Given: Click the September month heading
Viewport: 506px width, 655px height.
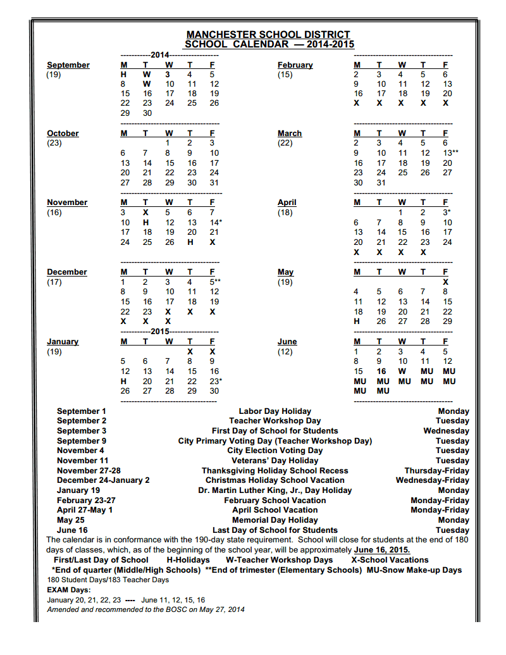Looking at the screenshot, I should point(68,65).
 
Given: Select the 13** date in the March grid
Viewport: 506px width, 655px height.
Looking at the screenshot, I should point(450,153).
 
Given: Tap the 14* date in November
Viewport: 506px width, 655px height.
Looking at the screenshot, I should point(216,222).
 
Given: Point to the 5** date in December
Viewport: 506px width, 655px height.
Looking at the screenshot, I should point(215,282).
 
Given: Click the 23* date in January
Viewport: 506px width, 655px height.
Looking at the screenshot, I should point(216,381).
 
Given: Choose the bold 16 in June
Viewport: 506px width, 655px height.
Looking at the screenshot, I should point(381,371).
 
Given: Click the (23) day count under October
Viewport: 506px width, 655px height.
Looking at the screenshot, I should point(54,143).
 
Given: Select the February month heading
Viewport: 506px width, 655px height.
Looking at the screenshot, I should point(295,65).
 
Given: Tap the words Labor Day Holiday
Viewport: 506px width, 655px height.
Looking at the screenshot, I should point(275,411).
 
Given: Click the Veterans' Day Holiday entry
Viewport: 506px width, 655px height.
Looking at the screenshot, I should point(275,461).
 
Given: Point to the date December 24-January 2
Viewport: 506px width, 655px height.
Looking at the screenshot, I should point(103,480).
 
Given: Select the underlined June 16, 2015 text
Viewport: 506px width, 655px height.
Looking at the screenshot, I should point(382,550).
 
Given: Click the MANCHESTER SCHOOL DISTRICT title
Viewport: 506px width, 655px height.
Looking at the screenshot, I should point(268,35).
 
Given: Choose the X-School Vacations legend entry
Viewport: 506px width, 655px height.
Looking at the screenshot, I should point(390,560).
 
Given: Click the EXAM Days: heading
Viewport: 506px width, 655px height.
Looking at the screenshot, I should point(68,590).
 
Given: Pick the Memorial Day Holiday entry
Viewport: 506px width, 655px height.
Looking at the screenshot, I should point(275,520).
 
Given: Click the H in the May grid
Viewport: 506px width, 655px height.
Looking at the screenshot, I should point(357,321).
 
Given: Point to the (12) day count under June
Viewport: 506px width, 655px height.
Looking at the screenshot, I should point(285,351).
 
